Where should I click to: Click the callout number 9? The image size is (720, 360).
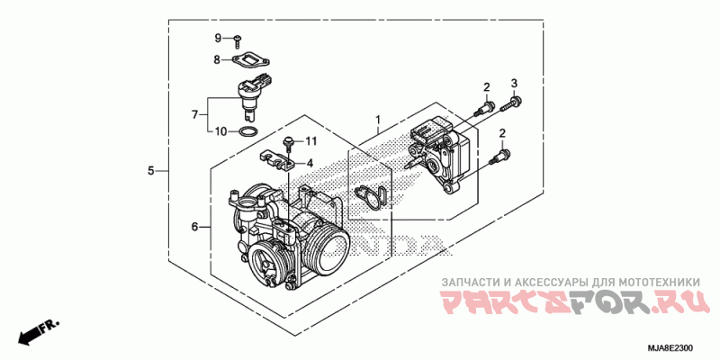click(x=217, y=38)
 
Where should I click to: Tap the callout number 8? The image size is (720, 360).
click(x=217, y=59)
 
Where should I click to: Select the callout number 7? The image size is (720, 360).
click(x=194, y=114)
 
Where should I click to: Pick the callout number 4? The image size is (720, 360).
click(x=310, y=163)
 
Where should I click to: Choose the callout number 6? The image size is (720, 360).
click(x=193, y=227)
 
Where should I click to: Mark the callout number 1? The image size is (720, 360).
click(x=379, y=119)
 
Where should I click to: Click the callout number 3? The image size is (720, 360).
click(x=515, y=84)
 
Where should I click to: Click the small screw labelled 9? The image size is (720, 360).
click(x=237, y=39)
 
